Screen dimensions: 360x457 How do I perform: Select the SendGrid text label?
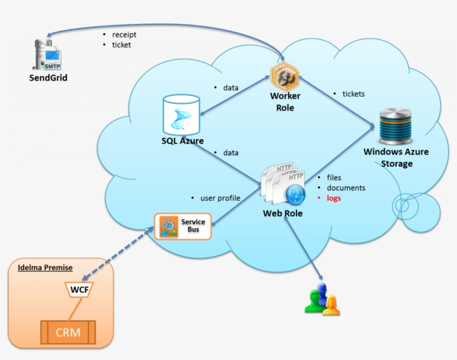(48, 78)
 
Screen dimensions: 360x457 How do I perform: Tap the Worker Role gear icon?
(285, 76)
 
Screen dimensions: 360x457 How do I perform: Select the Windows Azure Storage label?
(396, 158)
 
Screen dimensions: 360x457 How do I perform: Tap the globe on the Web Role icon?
(294, 194)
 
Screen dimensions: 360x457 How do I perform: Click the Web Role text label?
(283, 213)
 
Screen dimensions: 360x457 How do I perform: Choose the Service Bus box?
(183, 226)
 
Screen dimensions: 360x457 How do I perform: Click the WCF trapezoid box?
(79, 289)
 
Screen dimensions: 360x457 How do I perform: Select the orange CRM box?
(68, 333)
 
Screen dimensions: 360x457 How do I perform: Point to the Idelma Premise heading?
(45, 267)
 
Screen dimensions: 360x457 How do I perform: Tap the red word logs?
(334, 198)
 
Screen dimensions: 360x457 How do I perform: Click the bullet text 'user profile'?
(220, 198)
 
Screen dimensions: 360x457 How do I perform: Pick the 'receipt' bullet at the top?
(124, 35)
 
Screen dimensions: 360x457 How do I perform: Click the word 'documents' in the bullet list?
(346, 188)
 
